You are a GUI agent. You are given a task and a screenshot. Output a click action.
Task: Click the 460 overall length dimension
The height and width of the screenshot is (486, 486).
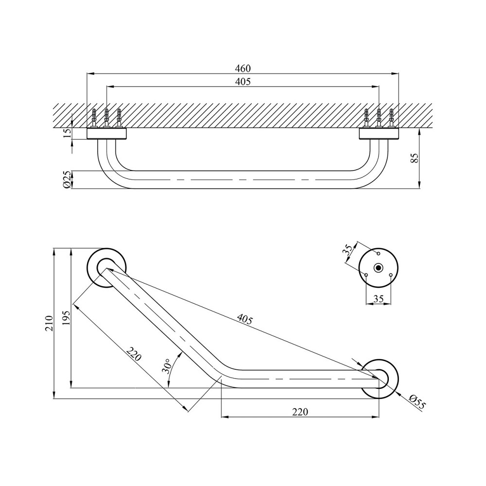click(x=243, y=69)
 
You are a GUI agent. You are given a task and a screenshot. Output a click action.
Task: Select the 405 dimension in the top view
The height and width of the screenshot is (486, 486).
click(x=243, y=82)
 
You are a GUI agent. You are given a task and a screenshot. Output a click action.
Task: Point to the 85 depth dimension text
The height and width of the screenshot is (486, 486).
click(x=414, y=158)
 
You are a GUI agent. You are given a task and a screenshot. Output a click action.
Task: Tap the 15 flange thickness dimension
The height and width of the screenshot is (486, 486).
click(x=68, y=132)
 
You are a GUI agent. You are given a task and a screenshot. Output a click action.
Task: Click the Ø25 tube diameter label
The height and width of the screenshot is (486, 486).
click(x=68, y=179)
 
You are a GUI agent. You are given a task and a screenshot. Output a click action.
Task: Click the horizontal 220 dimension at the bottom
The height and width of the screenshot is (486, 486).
click(x=300, y=412)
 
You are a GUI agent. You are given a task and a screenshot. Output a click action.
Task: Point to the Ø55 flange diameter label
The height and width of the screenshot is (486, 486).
click(x=417, y=401)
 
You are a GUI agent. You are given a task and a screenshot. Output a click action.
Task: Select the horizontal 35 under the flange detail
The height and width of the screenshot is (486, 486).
click(x=379, y=299)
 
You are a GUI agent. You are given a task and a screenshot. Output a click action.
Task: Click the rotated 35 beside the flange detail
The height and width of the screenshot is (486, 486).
click(x=347, y=250)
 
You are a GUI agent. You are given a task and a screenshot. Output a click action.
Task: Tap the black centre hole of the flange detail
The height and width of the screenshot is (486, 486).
click(x=378, y=268)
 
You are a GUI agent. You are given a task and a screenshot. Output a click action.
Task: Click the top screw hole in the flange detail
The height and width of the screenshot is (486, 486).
click(x=378, y=254)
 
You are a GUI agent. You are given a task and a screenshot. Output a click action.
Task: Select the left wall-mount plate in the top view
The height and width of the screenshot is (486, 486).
click(x=107, y=133)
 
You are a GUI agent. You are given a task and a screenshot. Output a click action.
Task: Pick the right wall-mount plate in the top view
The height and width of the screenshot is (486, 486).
click(x=379, y=133)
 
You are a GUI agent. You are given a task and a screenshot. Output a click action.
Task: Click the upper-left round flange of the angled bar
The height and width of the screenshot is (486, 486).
click(x=107, y=269)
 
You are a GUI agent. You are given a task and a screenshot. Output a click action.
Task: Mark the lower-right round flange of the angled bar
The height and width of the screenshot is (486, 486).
click(x=380, y=378)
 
